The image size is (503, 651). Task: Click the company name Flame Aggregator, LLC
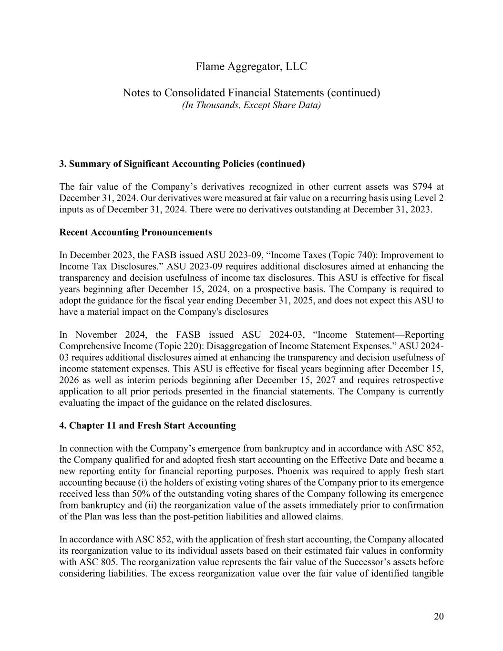point(251,67)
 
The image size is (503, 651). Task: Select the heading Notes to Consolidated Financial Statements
point(251,93)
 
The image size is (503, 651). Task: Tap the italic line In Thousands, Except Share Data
point(251,105)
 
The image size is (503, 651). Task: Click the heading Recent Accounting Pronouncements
point(135,232)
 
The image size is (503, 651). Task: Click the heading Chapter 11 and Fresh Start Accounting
point(147,425)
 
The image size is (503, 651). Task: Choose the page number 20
point(439,617)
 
